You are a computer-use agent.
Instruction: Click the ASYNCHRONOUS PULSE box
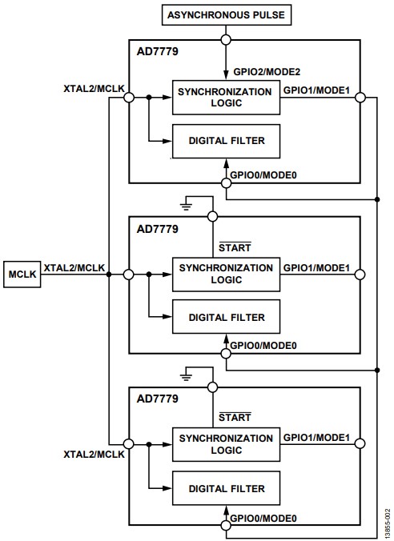point(227,15)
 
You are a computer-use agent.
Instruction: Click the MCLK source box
point(22,275)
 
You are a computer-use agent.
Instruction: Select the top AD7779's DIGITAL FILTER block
point(226,141)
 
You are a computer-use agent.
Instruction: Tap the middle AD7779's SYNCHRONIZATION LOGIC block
point(226,275)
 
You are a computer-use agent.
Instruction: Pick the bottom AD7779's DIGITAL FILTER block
point(226,488)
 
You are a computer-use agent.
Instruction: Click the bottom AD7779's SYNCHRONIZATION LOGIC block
point(226,444)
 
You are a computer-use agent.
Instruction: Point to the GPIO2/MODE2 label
point(267,72)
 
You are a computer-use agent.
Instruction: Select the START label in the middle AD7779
point(235,247)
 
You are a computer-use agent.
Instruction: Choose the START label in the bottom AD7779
point(235,417)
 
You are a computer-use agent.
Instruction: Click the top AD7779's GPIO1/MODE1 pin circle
point(360,98)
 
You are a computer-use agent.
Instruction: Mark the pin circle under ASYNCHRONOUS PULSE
point(226,40)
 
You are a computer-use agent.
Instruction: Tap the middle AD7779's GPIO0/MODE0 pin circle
point(226,353)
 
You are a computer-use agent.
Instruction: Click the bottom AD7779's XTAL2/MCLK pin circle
point(129,444)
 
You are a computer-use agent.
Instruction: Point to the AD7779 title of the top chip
point(158,51)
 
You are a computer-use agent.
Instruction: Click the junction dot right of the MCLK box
point(109,275)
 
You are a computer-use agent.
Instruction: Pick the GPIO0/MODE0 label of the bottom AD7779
point(263,519)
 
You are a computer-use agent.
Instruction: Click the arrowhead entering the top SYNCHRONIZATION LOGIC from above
point(226,75)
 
